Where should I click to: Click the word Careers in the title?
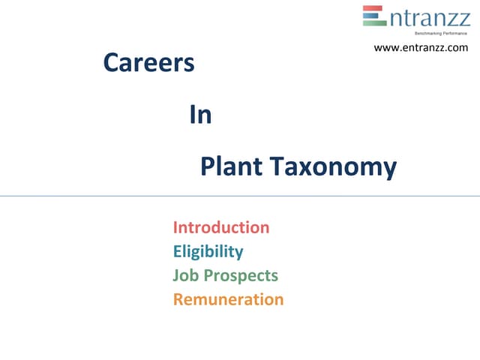(x=148, y=64)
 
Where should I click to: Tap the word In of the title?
(x=201, y=115)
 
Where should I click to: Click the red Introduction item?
(x=221, y=227)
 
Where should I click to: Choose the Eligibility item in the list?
(x=208, y=251)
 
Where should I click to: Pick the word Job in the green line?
(x=184, y=275)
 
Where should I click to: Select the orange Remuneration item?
(x=228, y=299)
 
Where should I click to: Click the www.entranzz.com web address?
(x=421, y=48)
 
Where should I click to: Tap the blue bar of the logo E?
(x=373, y=16)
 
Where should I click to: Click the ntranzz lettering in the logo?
(x=430, y=16)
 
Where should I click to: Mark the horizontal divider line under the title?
(x=240, y=196)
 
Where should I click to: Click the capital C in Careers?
(x=111, y=64)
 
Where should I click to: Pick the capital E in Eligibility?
(x=178, y=251)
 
